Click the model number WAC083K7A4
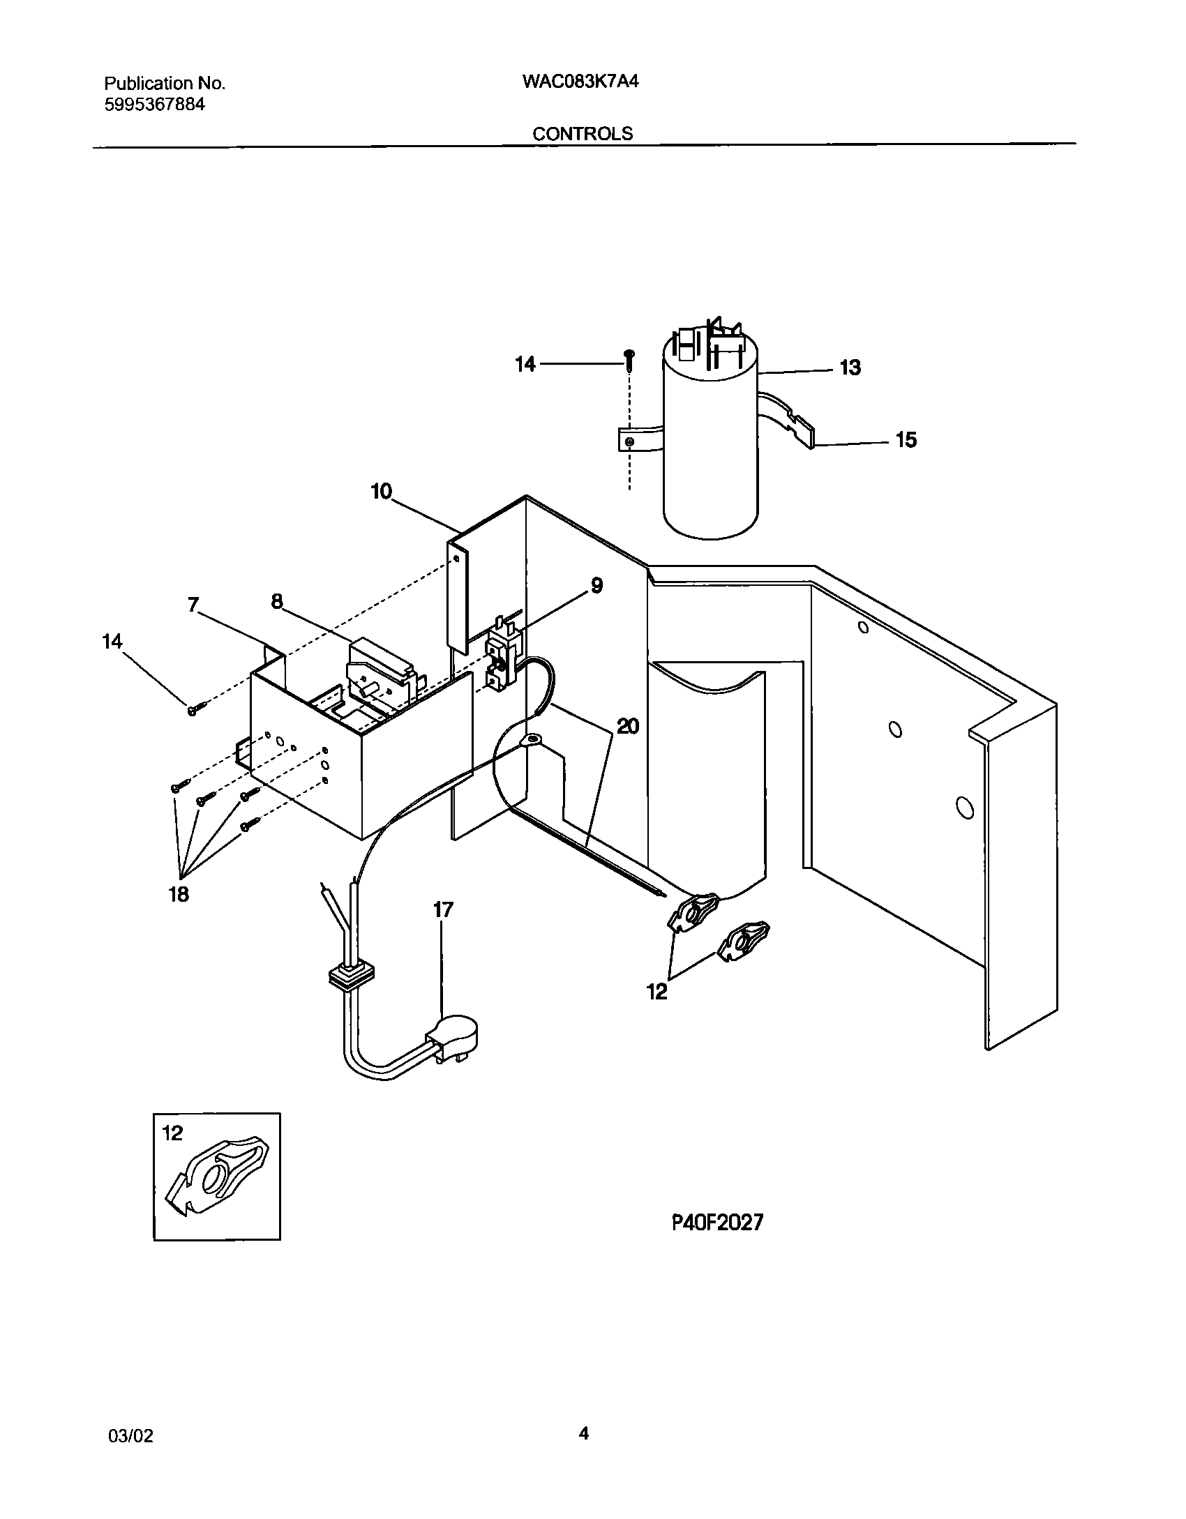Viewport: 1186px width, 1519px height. tap(580, 82)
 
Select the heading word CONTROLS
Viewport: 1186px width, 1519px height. tap(583, 134)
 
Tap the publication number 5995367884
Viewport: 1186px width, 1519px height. tap(155, 105)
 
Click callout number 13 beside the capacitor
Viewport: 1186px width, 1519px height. tap(850, 368)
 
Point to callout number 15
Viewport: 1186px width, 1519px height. tap(906, 440)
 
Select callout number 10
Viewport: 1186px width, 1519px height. tap(382, 492)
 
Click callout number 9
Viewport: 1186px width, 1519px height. tap(596, 585)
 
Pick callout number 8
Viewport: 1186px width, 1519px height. tap(277, 601)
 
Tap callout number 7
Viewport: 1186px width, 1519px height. tap(194, 605)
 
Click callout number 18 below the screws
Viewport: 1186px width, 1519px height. tap(179, 895)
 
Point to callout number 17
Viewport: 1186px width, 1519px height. tap(443, 910)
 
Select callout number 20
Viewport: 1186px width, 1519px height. tap(628, 727)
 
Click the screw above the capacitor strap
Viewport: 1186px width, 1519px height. tap(630, 358)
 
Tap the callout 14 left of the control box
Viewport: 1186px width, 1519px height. tap(112, 641)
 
